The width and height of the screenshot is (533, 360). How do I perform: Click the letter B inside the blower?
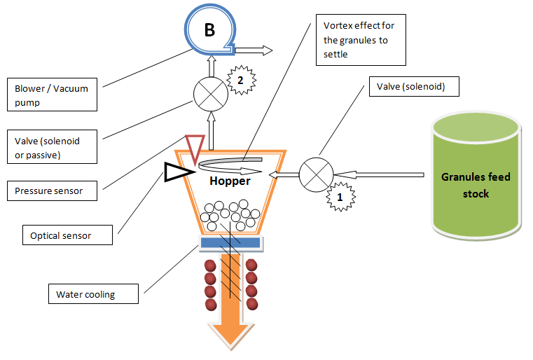pos(209,30)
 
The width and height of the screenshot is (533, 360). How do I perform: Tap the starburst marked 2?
pos(240,81)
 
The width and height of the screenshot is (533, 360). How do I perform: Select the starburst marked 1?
pos(340,198)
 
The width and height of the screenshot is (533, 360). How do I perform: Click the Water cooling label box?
pos(93,293)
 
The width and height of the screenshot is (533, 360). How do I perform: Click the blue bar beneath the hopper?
pos(230,243)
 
